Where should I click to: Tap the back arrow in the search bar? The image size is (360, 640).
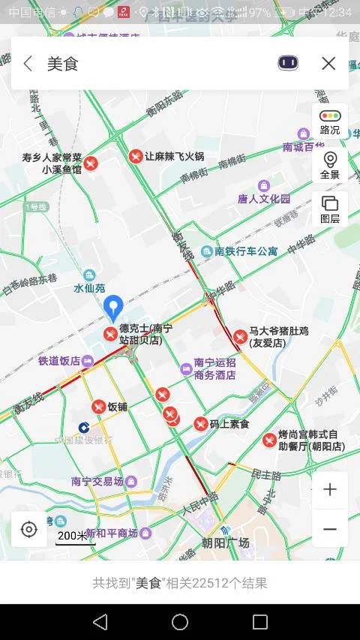(28, 64)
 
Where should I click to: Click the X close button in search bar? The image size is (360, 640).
(328, 64)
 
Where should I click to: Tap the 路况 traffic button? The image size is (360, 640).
(330, 122)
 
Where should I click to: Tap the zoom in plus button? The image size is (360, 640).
(330, 490)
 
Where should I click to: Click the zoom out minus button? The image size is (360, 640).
(330, 529)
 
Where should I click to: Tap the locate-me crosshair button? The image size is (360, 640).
(28, 530)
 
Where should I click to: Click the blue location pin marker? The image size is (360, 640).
(113, 308)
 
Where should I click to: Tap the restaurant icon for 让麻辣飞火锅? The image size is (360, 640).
(136, 156)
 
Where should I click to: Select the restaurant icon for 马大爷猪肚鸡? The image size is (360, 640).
(240, 337)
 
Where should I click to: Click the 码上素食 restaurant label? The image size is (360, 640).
(229, 424)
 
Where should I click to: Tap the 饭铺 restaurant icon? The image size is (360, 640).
(99, 407)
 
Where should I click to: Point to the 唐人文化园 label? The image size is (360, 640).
(263, 199)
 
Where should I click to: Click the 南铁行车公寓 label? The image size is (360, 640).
(246, 251)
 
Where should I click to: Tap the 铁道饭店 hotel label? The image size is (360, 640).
(59, 361)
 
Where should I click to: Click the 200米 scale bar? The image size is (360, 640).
(72, 536)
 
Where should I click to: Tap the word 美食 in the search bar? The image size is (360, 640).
(63, 64)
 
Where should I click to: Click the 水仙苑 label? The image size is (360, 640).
(89, 287)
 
